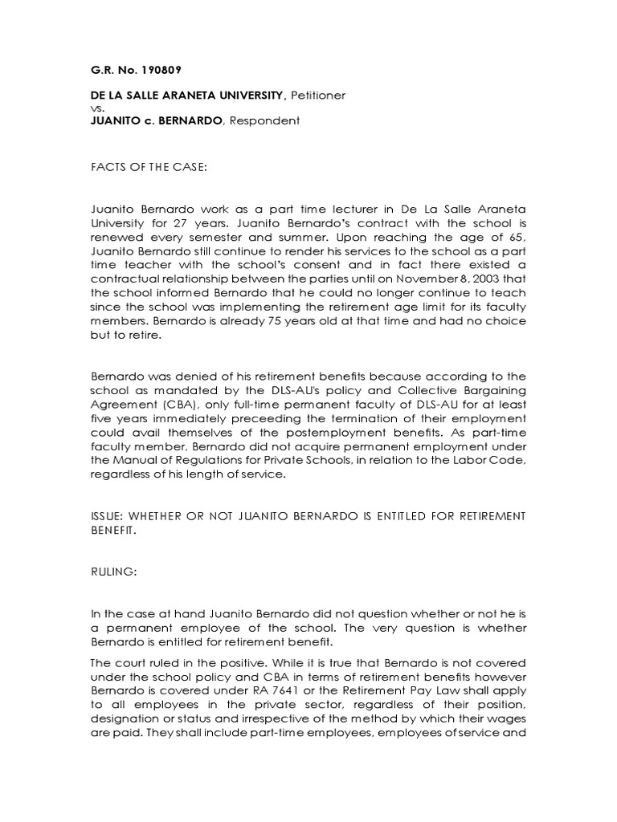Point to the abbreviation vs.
pos(96,108)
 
